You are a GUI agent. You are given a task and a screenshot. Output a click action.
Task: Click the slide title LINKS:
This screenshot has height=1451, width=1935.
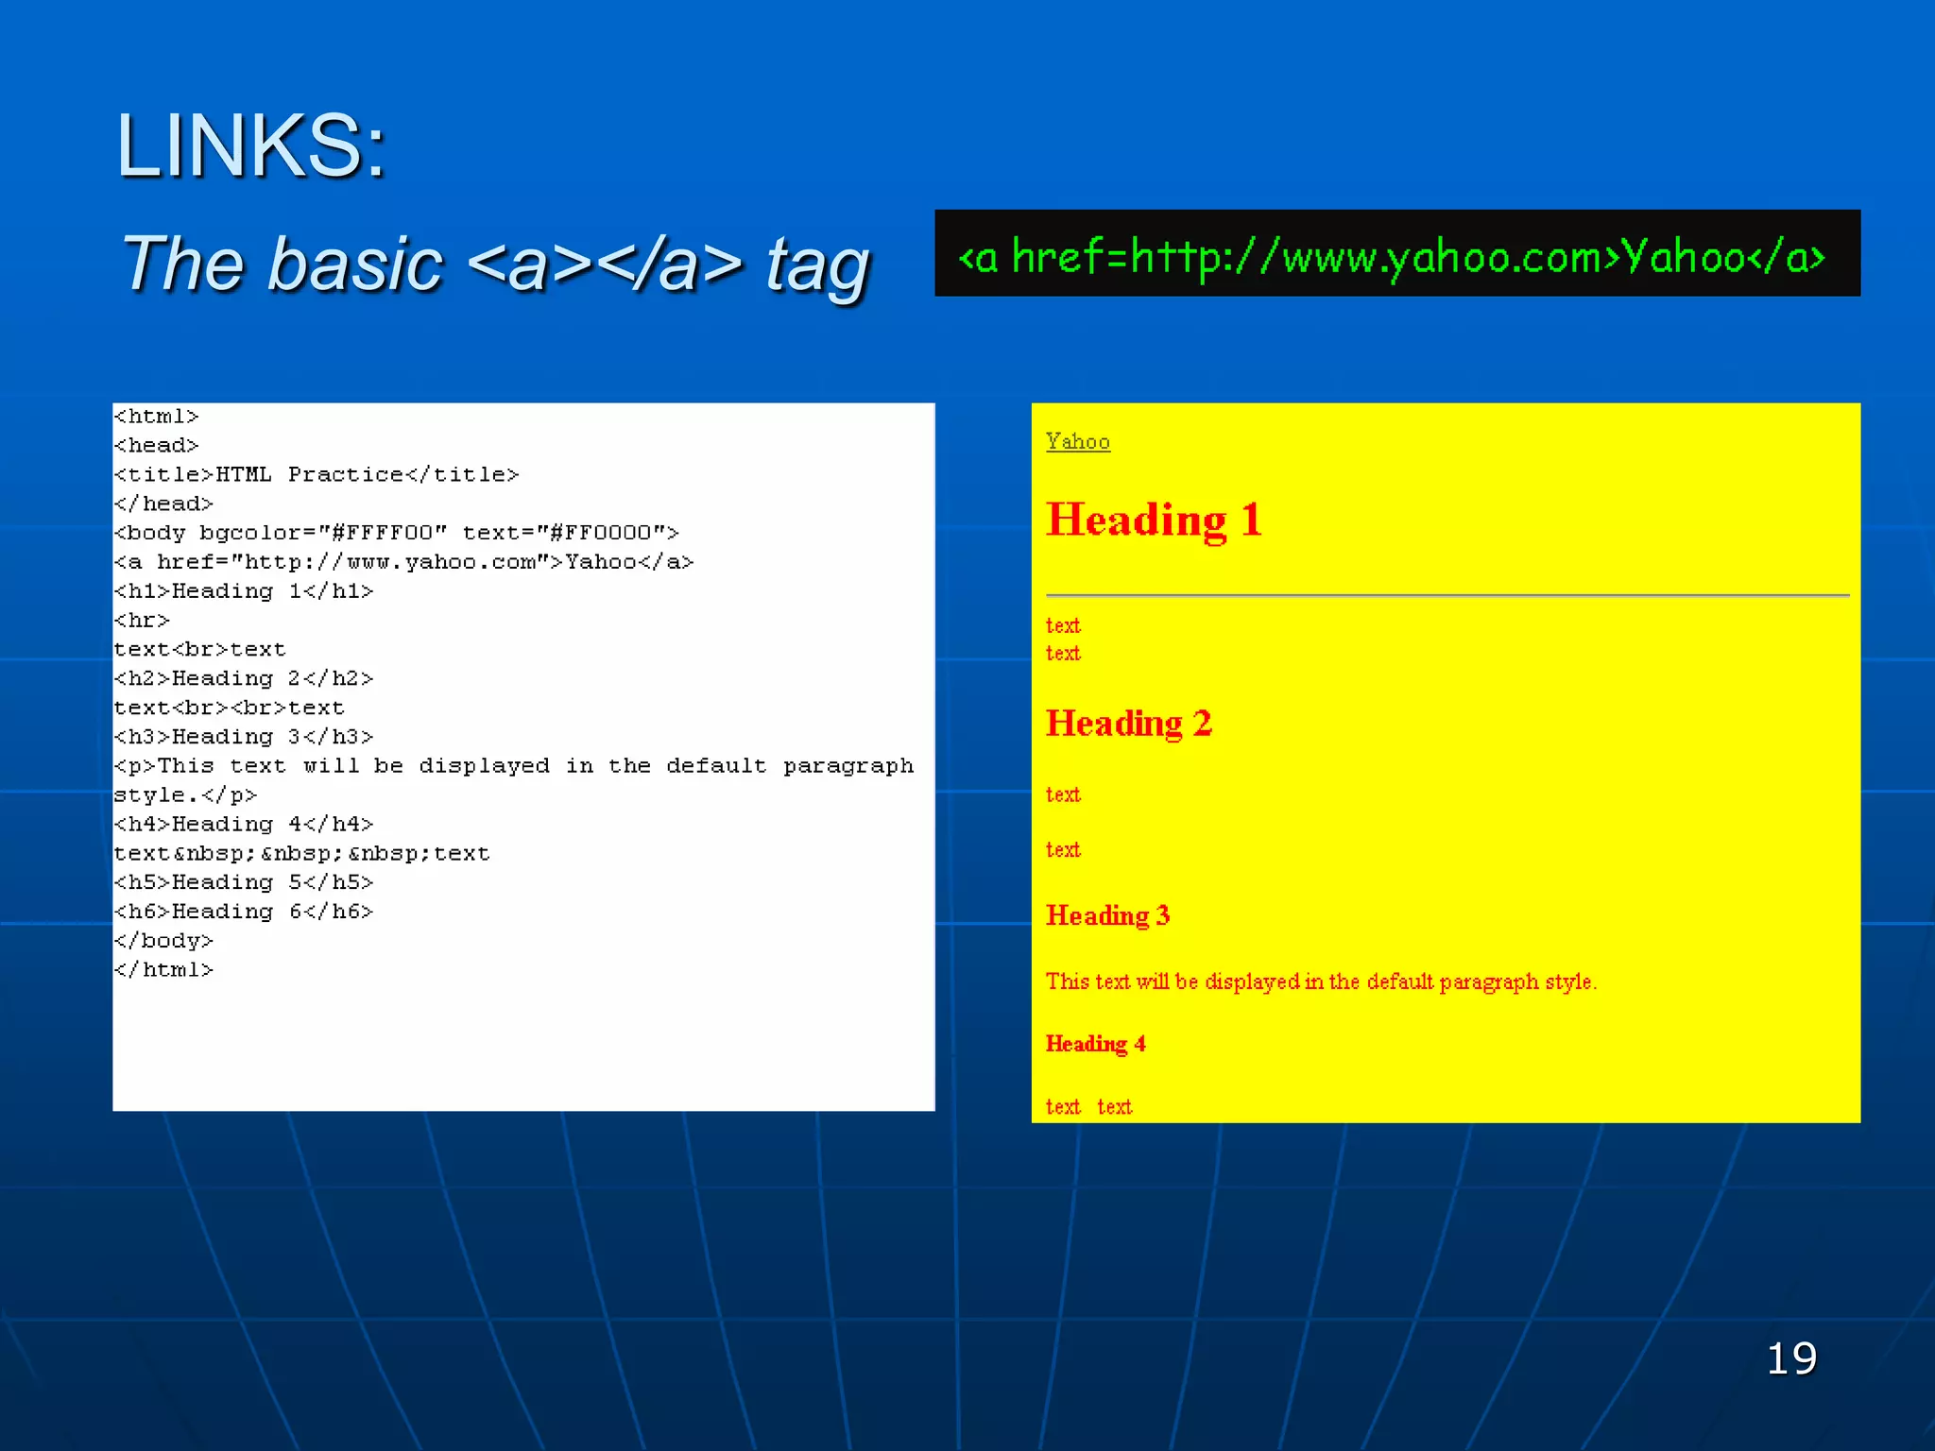point(250,146)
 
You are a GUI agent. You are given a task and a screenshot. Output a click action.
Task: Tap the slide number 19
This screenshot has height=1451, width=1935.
point(1791,1358)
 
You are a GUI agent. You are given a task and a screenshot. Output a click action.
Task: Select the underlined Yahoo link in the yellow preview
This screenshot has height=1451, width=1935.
point(1078,442)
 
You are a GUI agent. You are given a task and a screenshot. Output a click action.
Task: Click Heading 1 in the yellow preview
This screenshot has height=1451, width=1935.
point(1154,520)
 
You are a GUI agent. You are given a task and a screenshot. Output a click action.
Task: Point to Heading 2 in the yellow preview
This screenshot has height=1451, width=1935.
point(1128,724)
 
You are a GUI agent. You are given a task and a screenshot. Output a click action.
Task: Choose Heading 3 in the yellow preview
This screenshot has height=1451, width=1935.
point(1107,915)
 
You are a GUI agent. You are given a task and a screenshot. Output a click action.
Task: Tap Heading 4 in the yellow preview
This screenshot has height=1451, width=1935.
point(1095,1044)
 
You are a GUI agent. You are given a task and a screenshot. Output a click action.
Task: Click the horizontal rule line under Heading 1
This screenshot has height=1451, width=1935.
point(1447,595)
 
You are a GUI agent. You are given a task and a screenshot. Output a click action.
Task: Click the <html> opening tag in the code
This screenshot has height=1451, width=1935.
point(157,417)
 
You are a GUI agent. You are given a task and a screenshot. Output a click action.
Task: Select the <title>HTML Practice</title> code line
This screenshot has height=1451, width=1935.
point(317,474)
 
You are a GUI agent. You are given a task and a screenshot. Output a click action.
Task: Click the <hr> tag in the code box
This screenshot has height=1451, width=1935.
point(142,621)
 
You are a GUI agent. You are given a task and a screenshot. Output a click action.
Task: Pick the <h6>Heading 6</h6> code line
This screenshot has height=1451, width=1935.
point(244,912)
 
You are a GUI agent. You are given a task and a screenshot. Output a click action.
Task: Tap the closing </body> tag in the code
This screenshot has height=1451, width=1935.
point(163,941)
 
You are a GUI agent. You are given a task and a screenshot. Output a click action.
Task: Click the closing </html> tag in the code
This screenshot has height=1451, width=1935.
point(163,970)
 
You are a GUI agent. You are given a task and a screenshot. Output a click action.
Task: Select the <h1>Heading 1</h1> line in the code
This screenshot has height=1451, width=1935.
point(244,591)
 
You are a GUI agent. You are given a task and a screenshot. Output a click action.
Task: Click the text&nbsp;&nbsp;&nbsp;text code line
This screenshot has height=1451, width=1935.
point(301,853)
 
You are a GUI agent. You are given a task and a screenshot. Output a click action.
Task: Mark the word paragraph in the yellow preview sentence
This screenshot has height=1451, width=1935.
point(1489,982)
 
